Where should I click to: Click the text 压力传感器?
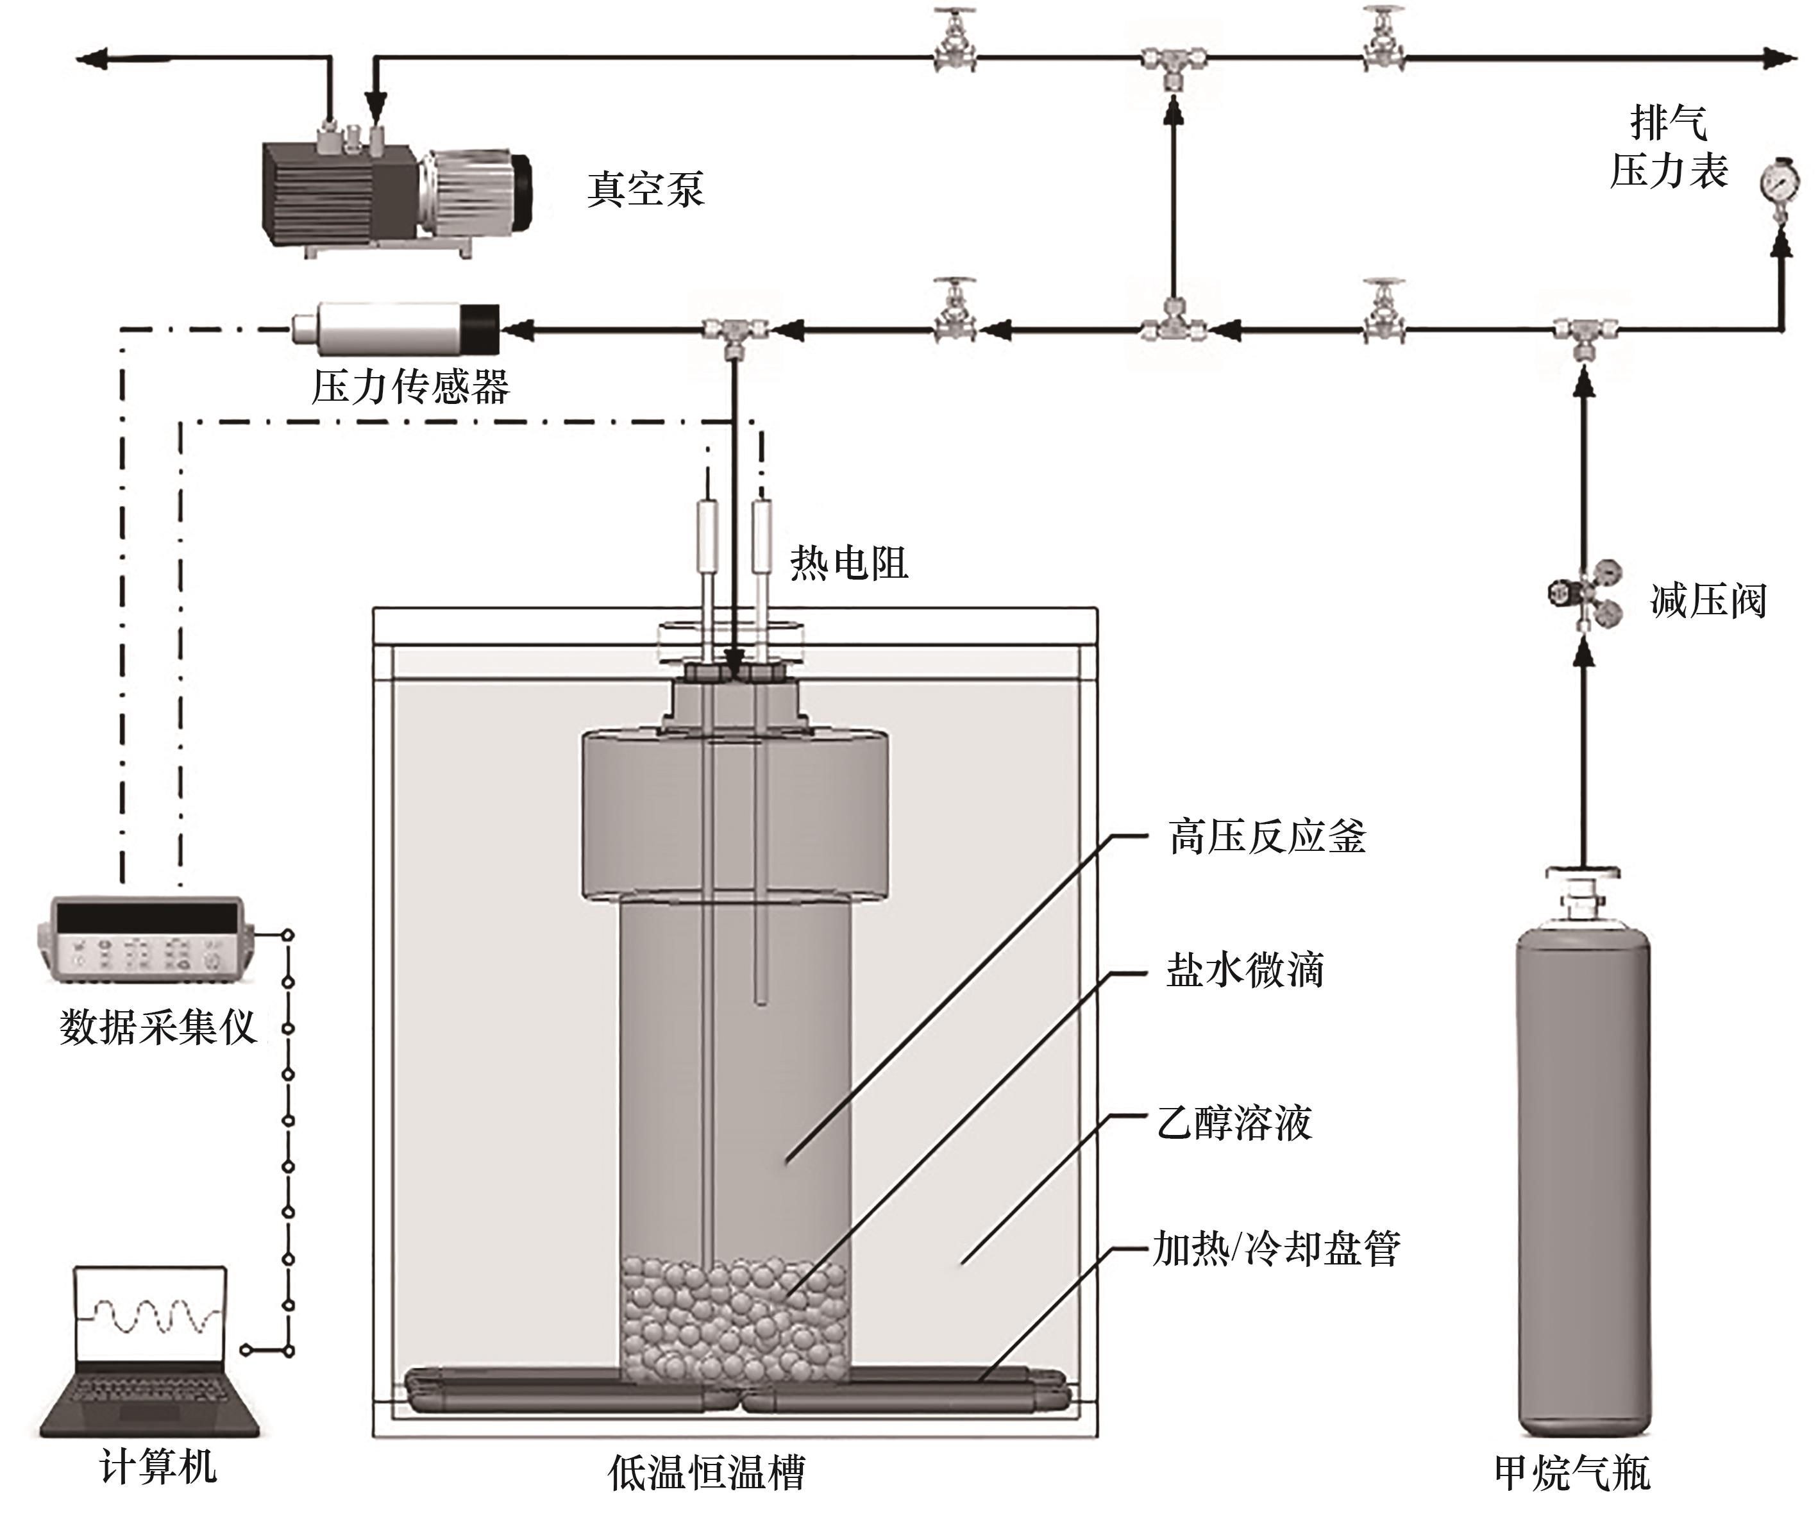point(410,387)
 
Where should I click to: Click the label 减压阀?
point(1707,600)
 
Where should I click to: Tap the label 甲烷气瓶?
point(1572,1473)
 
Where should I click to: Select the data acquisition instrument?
point(146,939)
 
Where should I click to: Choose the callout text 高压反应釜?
point(1267,837)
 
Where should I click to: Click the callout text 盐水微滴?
point(1245,970)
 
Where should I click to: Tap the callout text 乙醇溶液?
point(1234,1123)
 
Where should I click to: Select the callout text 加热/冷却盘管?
point(1275,1249)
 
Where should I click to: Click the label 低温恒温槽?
point(706,1473)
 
